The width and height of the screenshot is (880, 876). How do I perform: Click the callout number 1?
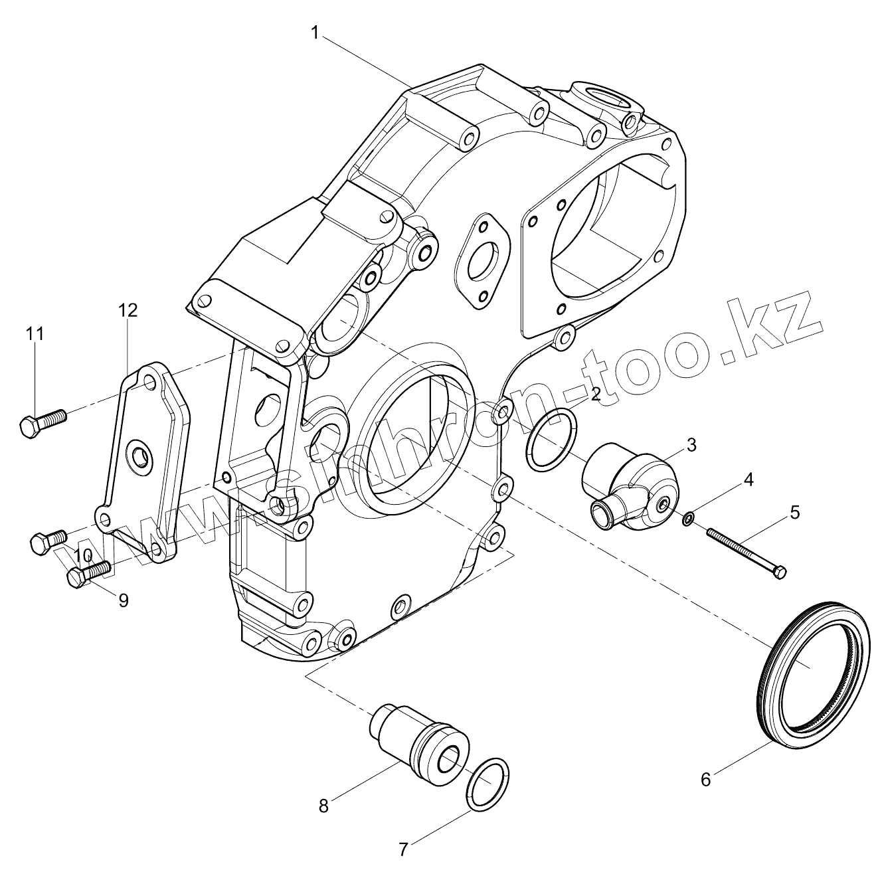(x=317, y=31)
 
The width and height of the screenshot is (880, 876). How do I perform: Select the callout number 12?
(x=128, y=309)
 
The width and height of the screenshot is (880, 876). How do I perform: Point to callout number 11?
(x=35, y=333)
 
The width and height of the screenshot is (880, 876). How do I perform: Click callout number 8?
(x=323, y=806)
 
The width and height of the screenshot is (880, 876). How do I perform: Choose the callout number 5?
(x=794, y=512)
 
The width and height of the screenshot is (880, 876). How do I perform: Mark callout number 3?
(x=691, y=445)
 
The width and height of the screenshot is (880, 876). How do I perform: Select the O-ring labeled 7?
(x=488, y=784)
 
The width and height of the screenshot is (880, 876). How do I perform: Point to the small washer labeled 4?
(x=689, y=517)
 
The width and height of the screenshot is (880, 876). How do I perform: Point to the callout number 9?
(x=123, y=600)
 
